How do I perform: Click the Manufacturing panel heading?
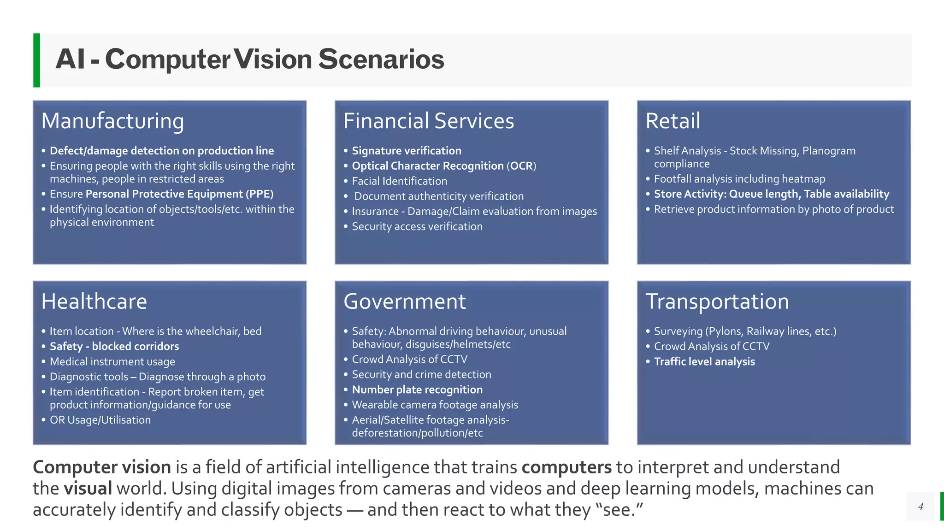point(112,121)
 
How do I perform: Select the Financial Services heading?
point(429,121)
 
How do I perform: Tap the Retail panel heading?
point(673,121)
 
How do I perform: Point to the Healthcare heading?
point(94,301)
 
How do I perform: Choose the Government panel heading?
point(405,301)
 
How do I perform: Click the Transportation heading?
point(717,301)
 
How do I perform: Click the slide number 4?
point(920,507)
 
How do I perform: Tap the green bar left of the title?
point(36,60)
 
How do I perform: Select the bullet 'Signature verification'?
point(406,151)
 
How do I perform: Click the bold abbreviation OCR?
point(521,166)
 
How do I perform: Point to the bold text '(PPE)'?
point(260,194)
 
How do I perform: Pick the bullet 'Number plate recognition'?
point(417,389)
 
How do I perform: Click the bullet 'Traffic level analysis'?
point(704,361)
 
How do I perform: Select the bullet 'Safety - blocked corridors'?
point(114,346)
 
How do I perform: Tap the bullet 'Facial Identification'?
point(399,181)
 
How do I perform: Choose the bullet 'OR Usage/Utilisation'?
point(100,420)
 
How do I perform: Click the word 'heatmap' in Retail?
point(803,179)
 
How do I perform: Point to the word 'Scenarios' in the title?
point(381,59)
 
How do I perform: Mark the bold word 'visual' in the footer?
point(88,489)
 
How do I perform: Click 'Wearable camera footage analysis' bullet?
point(435,405)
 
